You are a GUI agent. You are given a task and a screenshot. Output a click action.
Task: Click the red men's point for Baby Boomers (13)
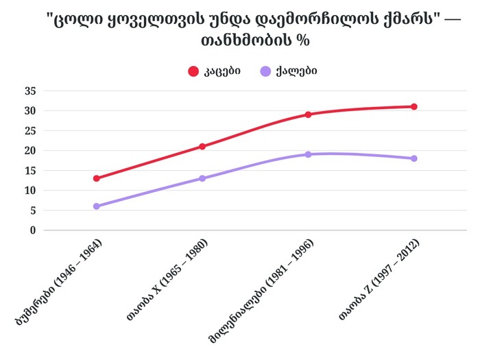tap(97, 178)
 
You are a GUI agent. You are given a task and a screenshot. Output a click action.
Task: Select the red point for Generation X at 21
tap(202, 146)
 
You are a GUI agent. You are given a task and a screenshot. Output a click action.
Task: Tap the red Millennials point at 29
tap(309, 115)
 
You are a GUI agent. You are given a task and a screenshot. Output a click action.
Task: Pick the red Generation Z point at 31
tap(414, 106)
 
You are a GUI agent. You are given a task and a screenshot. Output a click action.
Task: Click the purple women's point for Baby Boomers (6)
tap(97, 206)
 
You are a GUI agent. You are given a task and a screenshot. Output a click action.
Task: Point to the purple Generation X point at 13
tap(202, 178)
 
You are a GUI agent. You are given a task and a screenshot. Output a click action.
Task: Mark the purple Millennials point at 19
tap(309, 154)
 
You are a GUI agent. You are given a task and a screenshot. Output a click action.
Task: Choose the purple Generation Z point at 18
tap(414, 158)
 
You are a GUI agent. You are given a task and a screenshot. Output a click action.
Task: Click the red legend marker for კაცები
tap(193, 71)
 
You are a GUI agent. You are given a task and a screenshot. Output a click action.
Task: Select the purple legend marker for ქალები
tap(266, 71)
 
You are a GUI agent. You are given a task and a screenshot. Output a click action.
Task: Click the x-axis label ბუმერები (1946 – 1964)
tap(61, 281)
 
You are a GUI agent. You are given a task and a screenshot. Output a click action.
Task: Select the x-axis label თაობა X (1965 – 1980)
tap(167, 281)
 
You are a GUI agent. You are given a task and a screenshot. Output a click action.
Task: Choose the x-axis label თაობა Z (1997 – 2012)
tap(379, 281)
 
